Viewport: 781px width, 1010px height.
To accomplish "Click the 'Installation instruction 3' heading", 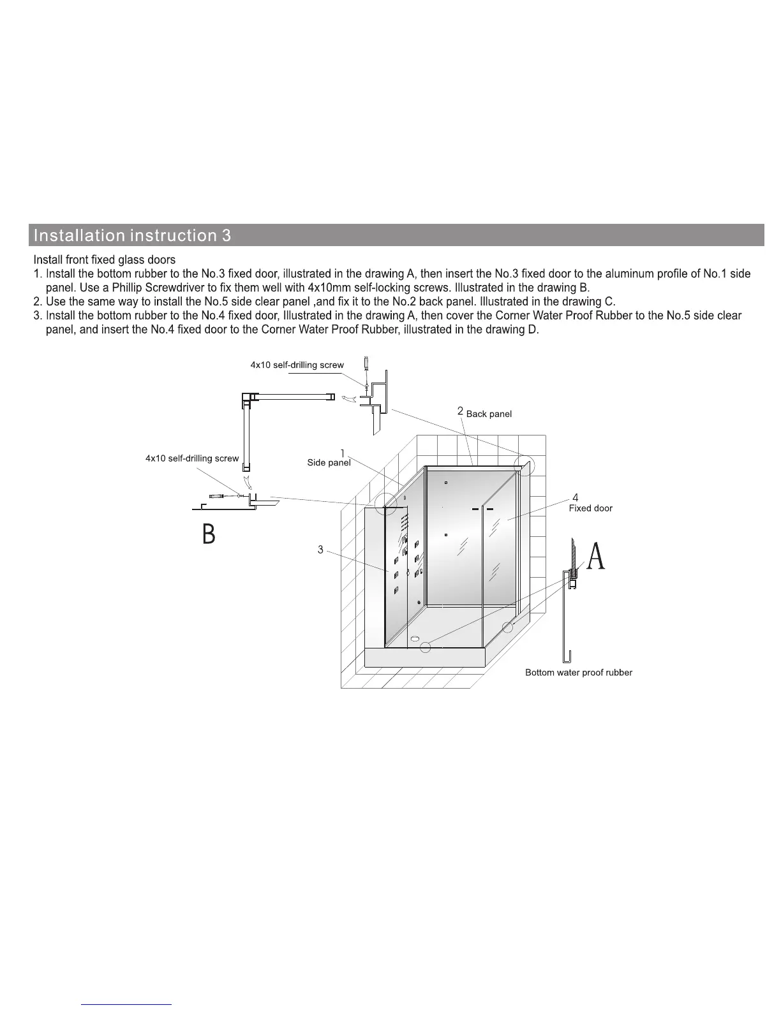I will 132,235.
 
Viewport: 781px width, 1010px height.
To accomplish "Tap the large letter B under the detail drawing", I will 209,534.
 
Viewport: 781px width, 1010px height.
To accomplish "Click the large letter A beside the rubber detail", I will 595,556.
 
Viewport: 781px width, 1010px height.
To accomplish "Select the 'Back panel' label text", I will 489,414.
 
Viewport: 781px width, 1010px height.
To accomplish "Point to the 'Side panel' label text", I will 329,463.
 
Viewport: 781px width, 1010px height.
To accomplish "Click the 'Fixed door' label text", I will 590,508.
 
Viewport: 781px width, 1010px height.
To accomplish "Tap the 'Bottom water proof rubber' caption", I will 578,673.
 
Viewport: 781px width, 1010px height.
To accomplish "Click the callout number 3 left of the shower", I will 320,549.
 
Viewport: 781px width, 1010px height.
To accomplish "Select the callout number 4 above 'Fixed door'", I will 576,497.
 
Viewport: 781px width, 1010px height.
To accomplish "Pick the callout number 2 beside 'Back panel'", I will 460,411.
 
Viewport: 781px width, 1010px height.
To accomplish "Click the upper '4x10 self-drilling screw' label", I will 297,365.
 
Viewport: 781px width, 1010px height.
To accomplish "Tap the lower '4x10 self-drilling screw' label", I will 192,458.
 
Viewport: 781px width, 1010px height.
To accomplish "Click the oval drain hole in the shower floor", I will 415,638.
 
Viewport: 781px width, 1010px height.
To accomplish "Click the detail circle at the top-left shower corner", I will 385,504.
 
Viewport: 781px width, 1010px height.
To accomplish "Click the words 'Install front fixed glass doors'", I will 104,260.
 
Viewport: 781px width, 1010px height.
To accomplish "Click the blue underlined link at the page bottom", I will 127,1004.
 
